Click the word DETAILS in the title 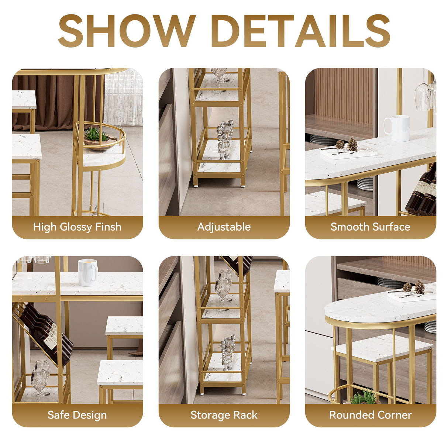point(301,31)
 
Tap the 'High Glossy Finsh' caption point(77,227)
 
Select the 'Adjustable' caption point(224,227)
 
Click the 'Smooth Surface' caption point(370,227)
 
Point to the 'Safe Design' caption point(77,415)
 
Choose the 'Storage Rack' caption point(224,415)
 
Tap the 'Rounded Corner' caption point(370,415)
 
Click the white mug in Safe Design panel point(88,272)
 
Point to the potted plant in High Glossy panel point(95,135)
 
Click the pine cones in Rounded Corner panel point(414,287)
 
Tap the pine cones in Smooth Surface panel point(347,145)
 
